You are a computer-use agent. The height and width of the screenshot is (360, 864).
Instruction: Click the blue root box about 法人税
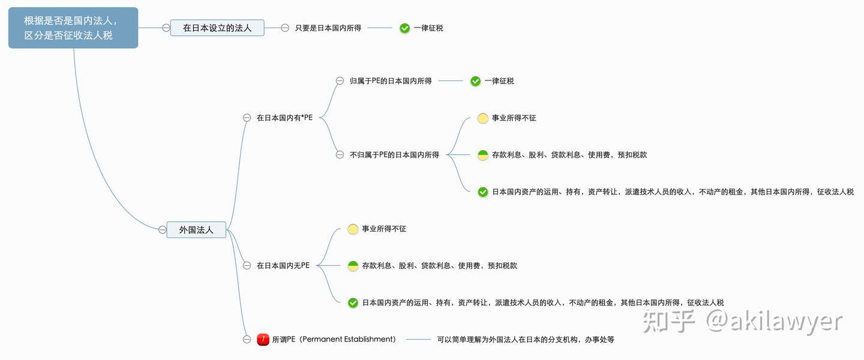pos(73,28)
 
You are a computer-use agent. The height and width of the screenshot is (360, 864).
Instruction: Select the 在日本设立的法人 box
pos(217,28)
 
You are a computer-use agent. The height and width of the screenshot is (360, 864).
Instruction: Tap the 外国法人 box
pos(196,229)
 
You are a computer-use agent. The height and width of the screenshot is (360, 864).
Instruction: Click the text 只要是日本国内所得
pos(328,28)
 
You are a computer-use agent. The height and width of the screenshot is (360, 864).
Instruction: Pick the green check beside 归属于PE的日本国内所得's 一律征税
pos(475,81)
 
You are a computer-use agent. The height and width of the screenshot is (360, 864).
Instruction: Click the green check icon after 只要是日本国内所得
pos(404,28)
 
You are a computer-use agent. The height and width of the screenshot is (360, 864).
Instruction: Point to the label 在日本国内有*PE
pos(284,118)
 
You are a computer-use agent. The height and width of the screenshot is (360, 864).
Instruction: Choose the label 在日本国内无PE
pos(283,265)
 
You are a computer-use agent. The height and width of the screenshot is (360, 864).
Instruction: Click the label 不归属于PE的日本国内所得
pos(394,155)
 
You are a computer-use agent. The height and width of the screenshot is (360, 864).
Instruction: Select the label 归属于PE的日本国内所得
pos(391,81)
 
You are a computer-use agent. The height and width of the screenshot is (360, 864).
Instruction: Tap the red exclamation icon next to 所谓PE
pos(263,340)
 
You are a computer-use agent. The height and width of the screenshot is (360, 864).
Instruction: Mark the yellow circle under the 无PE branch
pos(353,229)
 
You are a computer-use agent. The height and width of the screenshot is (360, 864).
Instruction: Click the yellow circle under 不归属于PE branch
pos(482,118)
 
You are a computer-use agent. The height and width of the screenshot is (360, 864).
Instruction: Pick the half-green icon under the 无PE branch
pos(353,266)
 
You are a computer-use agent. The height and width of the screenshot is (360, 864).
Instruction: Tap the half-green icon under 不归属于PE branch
pos(482,155)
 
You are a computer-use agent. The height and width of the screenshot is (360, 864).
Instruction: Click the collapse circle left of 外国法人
pos(162,229)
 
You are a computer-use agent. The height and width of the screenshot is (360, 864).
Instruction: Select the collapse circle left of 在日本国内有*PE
pos(247,118)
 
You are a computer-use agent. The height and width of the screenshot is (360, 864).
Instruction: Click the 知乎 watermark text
pos(669,322)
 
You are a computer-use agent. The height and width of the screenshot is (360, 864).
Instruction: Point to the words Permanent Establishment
pos(348,340)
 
